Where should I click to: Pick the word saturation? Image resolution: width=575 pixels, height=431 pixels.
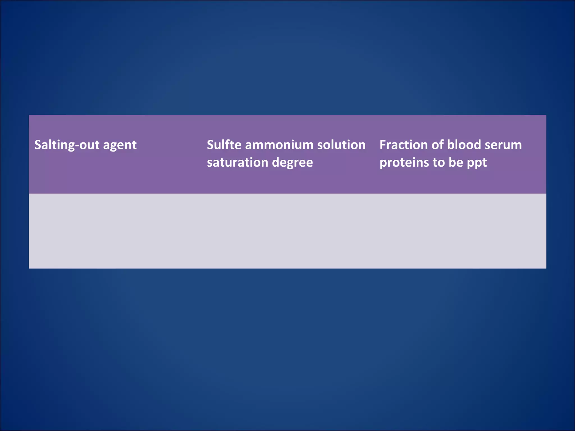(x=238, y=162)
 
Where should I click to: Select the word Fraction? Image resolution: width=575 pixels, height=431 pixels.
(x=403, y=145)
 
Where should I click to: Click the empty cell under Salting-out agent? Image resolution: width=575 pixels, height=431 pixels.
(x=115, y=231)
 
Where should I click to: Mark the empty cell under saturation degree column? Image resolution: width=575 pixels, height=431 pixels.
(x=287, y=231)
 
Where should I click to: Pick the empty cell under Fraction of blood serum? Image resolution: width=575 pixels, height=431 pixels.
(x=460, y=231)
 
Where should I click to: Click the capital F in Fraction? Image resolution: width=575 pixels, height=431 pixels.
(x=383, y=145)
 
